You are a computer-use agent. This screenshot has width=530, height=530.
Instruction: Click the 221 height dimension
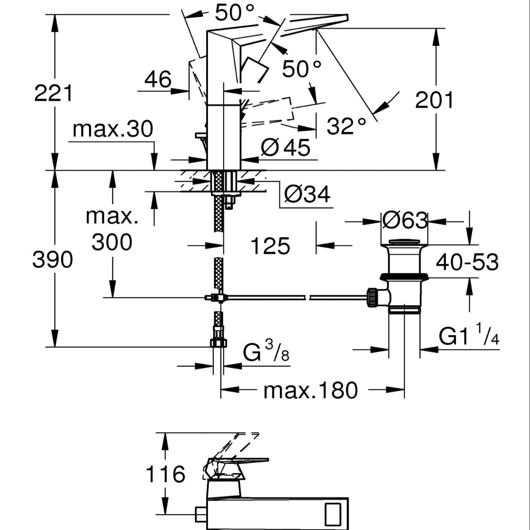coord(53,93)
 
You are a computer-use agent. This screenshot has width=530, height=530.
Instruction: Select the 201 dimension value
coord(434,100)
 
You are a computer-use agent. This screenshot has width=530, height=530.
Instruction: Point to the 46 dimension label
coord(158,79)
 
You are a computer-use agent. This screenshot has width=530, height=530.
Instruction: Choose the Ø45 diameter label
coord(285,148)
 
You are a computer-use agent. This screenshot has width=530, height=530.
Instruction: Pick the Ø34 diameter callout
coord(307,194)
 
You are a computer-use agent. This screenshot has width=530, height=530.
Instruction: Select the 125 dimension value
coord(270,246)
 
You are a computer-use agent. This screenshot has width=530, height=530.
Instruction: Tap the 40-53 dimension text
coord(467,262)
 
